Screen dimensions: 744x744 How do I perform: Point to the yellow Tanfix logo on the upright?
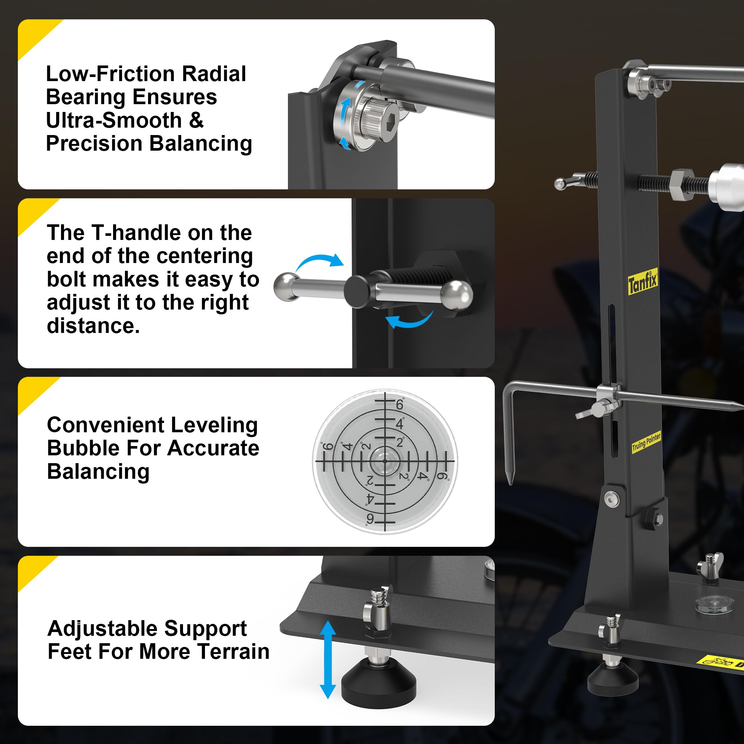coord(642,282)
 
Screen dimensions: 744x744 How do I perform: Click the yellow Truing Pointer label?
coord(646,442)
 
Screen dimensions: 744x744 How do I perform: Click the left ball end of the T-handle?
coord(286,285)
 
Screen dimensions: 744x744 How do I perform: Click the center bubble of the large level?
coord(385,461)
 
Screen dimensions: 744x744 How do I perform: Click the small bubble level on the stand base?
coord(714,603)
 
